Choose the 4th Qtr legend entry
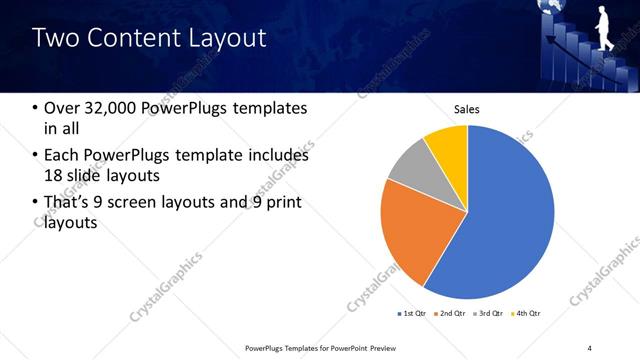point(527,314)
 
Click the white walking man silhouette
point(604,26)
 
